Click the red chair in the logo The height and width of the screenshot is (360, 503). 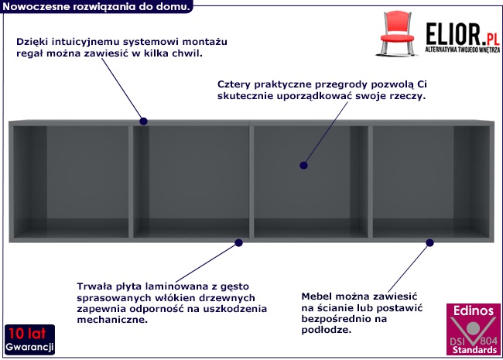click(397, 34)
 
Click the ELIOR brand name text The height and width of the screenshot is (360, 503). click(453, 34)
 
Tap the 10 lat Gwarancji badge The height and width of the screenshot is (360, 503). click(29, 339)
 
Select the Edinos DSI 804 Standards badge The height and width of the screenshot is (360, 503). click(474, 329)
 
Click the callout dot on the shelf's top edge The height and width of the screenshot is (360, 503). click(143, 122)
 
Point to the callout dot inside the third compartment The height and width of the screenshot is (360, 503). click(303, 165)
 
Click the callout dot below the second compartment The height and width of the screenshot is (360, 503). click(238, 243)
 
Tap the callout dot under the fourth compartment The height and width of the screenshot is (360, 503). click(429, 243)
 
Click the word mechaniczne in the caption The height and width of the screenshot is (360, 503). click(112, 320)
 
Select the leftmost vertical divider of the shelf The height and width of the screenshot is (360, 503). click(131, 182)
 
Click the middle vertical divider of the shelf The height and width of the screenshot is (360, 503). click(251, 182)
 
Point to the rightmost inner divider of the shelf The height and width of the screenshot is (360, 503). click(370, 182)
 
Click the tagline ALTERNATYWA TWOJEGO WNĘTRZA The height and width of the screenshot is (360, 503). click(463, 50)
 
